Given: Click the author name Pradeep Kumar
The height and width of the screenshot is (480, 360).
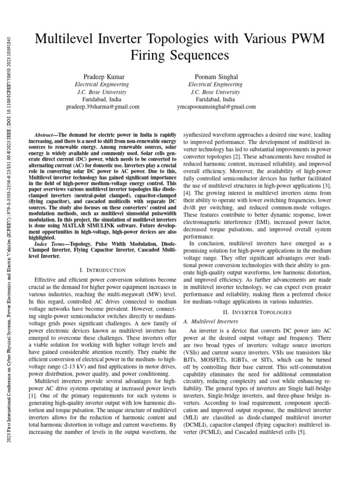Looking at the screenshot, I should point(102,76).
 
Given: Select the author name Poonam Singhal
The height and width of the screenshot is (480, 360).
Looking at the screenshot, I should point(215,76).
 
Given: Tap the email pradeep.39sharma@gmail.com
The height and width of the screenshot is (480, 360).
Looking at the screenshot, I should point(102,107).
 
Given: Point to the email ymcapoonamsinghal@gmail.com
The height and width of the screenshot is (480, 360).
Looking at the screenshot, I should point(216,107).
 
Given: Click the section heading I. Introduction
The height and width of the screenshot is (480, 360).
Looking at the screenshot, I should point(103,270).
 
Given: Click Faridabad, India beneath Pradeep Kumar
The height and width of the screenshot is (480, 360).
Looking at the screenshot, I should point(102,99).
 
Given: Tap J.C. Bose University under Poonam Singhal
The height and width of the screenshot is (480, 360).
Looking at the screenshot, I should point(215,92).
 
